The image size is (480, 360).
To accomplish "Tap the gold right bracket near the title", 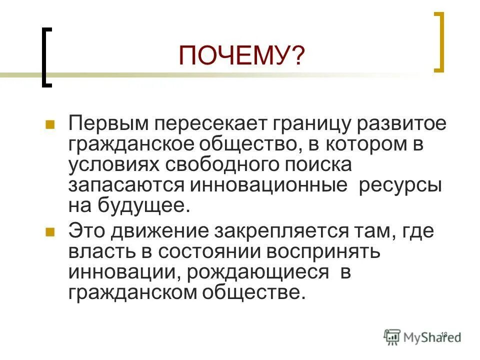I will pyautogui.click(x=438, y=42).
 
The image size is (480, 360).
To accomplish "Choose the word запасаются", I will pyautogui.click(x=127, y=185).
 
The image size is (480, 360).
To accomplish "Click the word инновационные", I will pyautogui.click(x=268, y=185).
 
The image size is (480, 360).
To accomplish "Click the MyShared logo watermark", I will pyautogui.click(x=423, y=337).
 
